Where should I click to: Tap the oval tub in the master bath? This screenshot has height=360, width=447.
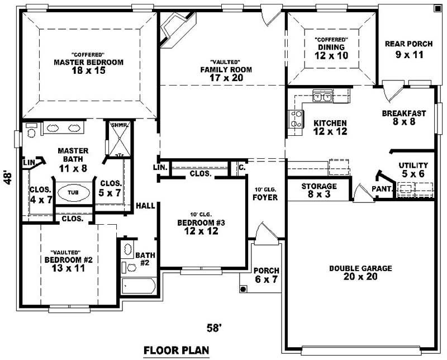[x=73, y=192]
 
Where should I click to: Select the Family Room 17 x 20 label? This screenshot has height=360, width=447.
[x=226, y=69]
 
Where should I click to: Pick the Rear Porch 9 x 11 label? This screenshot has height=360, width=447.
[x=410, y=49]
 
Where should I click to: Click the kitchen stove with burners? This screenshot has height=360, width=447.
[x=296, y=119]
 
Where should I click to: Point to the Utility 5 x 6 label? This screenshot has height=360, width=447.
[x=413, y=169]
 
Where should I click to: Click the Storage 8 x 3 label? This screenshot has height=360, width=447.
[x=319, y=190]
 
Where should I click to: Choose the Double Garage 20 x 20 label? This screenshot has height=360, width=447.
[x=360, y=272]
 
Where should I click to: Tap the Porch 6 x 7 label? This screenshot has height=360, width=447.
[x=266, y=274]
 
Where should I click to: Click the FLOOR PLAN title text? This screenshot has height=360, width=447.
[x=176, y=350]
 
